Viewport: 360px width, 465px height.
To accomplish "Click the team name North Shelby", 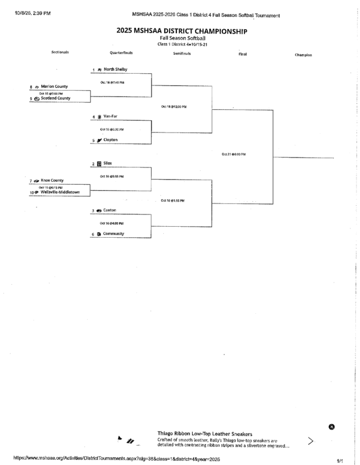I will click(x=116, y=69).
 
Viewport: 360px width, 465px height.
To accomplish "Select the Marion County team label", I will click(x=55, y=86).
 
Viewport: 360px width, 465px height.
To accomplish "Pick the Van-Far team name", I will click(x=112, y=116).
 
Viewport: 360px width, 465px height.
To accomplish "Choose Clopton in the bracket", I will click(x=113, y=140).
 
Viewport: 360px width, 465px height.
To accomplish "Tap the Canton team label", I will click(x=110, y=210).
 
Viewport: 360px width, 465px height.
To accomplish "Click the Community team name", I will click(x=114, y=234).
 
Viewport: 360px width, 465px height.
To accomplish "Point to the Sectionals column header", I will click(x=60, y=52).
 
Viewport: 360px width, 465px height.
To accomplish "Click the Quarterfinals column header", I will click(x=122, y=52).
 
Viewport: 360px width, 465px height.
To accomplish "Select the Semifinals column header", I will click(x=183, y=53).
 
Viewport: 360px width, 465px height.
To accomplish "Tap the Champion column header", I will click(x=303, y=55).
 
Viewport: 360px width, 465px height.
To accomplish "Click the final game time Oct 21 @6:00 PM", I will click(x=233, y=154).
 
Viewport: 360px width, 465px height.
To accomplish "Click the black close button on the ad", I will click(x=332, y=427).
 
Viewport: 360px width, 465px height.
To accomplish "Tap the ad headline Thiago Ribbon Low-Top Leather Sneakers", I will click(x=205, y=434).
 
